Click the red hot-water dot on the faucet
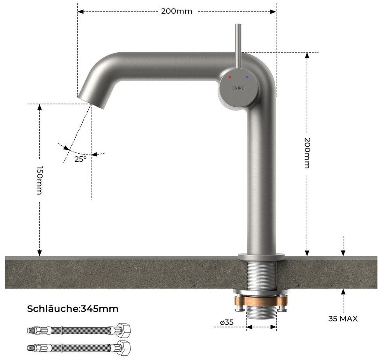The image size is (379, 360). tap(230, 77)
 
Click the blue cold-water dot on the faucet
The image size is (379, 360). tap(247, 77)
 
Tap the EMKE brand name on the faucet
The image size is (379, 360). tap(238, 88)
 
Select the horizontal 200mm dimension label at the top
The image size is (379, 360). tap(177, 11)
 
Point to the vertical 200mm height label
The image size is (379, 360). tap(307, 153)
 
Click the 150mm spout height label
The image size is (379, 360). tap(40, 180)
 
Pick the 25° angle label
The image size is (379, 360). tap(80, 159)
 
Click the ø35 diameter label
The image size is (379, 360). tap(227, 322)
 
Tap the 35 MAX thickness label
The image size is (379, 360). tap(343, 318)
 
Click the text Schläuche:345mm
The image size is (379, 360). tap(73, 309)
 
